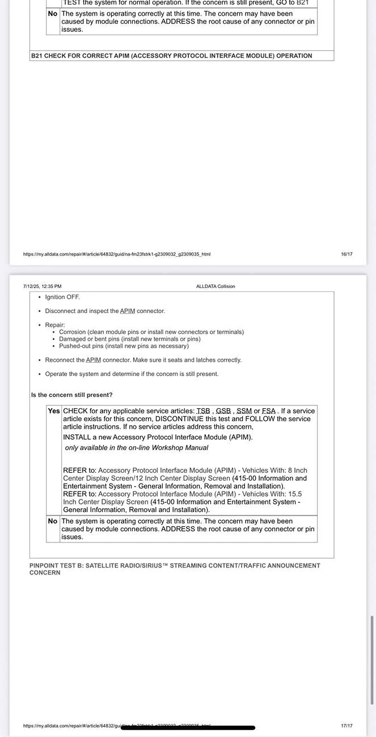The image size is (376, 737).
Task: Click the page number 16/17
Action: pyautogui.click(x=347, y=254)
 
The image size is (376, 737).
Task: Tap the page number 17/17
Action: pyautogui.click(x=347, y=726)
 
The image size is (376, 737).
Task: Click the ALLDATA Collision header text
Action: pyautogui.click(x=216, y=286)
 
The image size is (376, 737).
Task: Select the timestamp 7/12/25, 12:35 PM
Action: pyautogui.click(x=43, y=286)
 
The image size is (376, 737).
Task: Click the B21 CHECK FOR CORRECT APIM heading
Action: pyautogui.click(x=171, y=56)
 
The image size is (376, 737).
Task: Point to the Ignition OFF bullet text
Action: pyautogui.click(x=62, y=297)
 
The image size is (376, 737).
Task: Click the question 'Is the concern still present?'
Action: pyautogui.click(x=71, y=395)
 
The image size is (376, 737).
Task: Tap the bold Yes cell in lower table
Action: pyautogui.click(x=54, y=411)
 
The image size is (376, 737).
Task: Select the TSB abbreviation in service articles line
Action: pyautogui.click(x=203, y=411)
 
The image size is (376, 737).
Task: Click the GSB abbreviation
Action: pyautogui.click(x=223, y=411)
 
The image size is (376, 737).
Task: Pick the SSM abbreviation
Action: pyautogui.click(x=244, y=411)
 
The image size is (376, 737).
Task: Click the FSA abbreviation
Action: pyautogui.click(x=268, y=411)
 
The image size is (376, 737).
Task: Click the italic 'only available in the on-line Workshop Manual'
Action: pyautogui.click(x=136, y=448)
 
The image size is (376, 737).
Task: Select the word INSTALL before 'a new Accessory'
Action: pyautogui.click(x=79, y=437)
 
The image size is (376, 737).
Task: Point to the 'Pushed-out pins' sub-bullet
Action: pyautogui.click(x=124, y=346)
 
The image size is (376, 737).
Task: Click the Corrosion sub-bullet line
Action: pyautogui.click(x=151, y=332)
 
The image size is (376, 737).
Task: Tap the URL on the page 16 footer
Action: pyautogui.click(x=116, y=254)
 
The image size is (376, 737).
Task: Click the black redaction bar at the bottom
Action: pyautogui.click(x=188, y=727)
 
